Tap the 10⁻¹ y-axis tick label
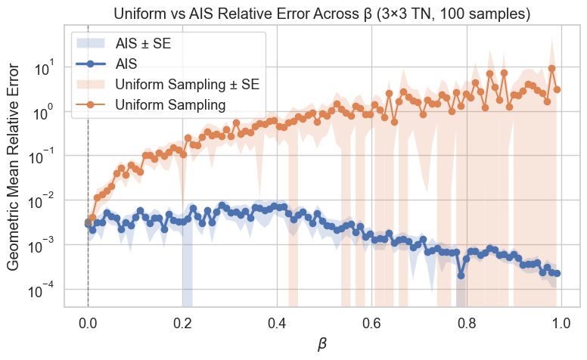(x=45, y=157)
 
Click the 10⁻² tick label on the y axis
(x=45, y=200)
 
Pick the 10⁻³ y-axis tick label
(x=45, y=245)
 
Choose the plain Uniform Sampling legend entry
(x=170, y=104)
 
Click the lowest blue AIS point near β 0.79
(x=461, y=275)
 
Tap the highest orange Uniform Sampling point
(x=552, y=68)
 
